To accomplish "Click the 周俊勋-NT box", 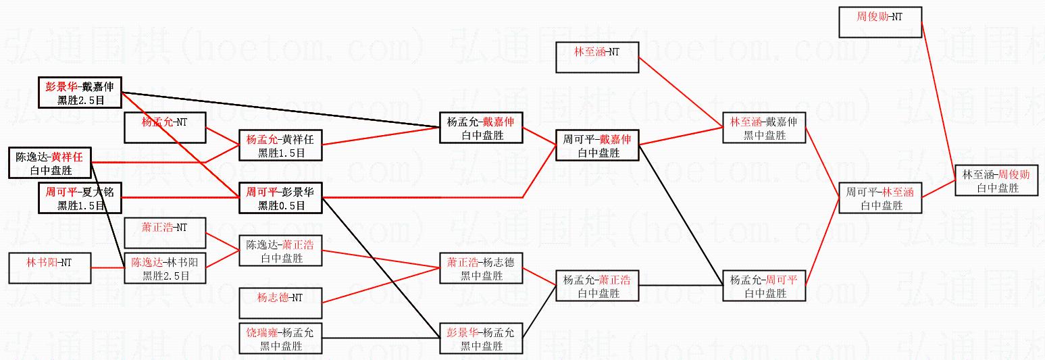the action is pos(880,22).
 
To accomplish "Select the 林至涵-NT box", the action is pos(597,57).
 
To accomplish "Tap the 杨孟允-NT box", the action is pos(165,128).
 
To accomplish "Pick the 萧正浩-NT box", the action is pos(165,233).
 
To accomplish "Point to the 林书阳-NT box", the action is pos(49,267).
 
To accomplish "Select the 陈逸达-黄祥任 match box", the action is pos(49,163).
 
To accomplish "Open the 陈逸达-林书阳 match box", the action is pos(165,268).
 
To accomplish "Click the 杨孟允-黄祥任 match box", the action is pos(280,145).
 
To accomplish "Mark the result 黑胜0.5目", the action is pos(280,205).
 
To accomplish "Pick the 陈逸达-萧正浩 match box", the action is pos(280,251).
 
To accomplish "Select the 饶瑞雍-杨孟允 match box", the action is pos(280,338).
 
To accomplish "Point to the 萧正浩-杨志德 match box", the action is pos(481,268).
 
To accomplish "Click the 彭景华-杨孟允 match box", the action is pos(481,338).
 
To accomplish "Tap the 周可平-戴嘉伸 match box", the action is pos(597,145).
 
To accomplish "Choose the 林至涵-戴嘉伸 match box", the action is pos(764,128).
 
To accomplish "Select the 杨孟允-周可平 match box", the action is pos(764,286).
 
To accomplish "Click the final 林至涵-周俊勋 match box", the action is pos(996,180).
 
